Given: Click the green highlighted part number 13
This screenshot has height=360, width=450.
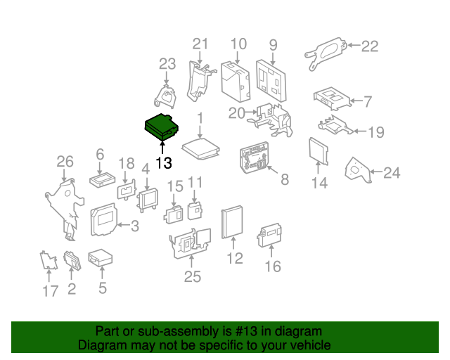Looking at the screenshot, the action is coord(162,127).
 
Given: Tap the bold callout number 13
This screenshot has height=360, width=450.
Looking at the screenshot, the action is coord(164,163).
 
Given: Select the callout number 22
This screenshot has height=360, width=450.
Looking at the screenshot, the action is coord(370,46).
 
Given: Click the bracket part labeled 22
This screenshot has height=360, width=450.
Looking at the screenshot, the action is coord(326,53).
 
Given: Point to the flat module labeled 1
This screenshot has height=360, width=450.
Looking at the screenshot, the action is coord(201,148).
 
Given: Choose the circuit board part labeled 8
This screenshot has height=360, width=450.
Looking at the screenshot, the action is coord(255,157).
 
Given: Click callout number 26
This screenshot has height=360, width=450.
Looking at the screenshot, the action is coord(65,162).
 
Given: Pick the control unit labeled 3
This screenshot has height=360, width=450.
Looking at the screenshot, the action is coord(103,219).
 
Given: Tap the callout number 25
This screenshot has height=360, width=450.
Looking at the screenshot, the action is coord(192,277).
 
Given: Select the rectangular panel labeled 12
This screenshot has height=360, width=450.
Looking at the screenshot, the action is coord(232,222).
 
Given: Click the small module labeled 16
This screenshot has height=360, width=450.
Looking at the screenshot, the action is coord(269,235).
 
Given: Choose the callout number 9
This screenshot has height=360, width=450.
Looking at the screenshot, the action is coord(274,45).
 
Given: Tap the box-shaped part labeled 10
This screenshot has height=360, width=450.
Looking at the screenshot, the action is coord(236,82).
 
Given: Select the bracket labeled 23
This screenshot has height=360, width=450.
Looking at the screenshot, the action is coord(165,96).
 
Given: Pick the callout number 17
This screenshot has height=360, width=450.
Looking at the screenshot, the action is coord(51,291).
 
